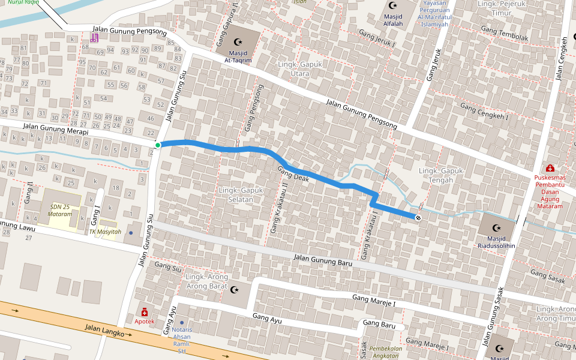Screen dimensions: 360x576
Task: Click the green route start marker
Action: pos(158,145)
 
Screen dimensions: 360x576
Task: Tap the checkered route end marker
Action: pos(417,217)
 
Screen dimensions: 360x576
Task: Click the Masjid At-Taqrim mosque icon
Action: pos(239,41)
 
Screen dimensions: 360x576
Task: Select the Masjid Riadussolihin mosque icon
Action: pos(496,227)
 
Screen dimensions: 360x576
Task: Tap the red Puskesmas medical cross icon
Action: pos(550,169)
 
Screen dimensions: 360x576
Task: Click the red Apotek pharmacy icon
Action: pos(144,312)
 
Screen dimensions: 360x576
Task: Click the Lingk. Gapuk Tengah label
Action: pos(442,176)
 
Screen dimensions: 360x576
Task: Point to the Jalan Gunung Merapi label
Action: pos(55,129)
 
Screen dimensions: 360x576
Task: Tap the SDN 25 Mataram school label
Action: pos(61,210)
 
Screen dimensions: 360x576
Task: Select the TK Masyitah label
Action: pos(105,232)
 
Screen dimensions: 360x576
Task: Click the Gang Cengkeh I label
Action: pos(484,112)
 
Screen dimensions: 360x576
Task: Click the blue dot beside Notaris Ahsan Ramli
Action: pos(182,322)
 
